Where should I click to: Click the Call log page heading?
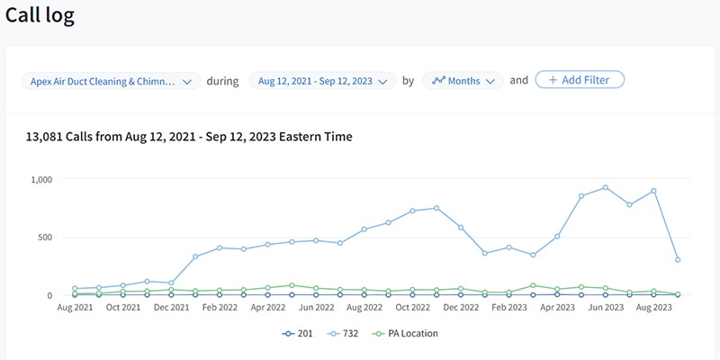[x=40, y=15]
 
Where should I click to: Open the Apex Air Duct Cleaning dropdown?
[x=111, y=81]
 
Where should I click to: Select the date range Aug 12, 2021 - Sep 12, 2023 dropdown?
[x=322, y=81]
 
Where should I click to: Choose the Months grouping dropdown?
[x=463, y=81]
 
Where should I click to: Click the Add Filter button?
[x=580, y=80]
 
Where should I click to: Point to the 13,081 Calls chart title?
[x=190, y=137]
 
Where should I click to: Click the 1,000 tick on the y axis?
[x=40, y=180]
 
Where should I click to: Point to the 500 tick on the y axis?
[x=46, y=238]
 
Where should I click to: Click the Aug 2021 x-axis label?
[x=75, y=308]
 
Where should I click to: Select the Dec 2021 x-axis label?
[x=172, y=308]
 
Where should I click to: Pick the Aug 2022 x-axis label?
[x=365, y=308]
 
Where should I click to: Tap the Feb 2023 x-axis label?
[x=509, y=308]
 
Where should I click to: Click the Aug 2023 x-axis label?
[x=654, y=308]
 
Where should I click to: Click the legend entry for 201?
[x=298, y=333]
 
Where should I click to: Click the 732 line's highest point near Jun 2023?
[x=605, y=187]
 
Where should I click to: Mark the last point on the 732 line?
[x=677, y=260]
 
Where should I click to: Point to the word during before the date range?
[x=223, y=81]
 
